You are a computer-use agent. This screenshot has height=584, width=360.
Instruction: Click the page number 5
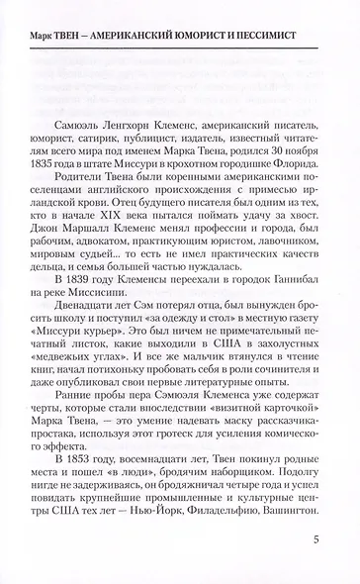[x=314, y=539]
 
